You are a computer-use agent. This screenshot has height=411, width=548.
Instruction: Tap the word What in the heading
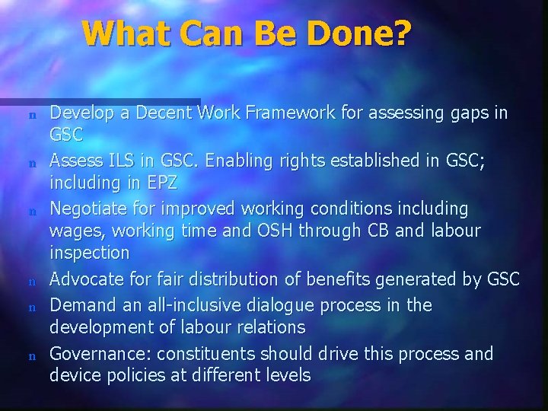pos(122,33)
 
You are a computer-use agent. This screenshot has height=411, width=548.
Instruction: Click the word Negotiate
pos(84,208)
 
